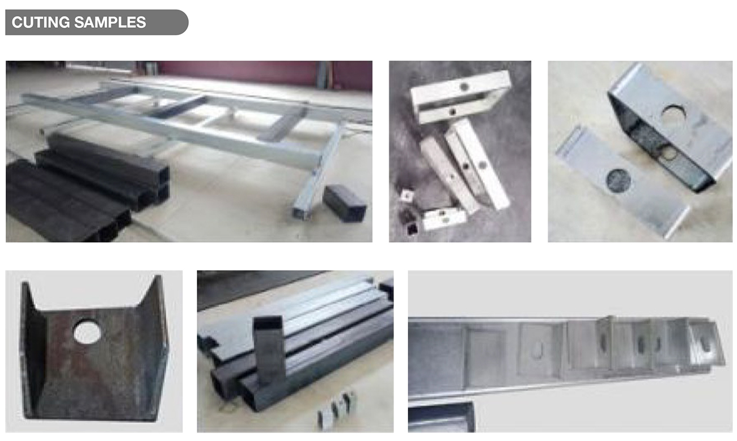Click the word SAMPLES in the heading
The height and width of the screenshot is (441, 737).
tap(110, 22)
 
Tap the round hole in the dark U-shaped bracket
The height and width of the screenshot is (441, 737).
tap(87, 332)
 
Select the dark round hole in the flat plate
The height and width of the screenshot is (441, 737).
tap(619, 181)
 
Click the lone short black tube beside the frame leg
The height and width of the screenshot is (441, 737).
tap(345, 203)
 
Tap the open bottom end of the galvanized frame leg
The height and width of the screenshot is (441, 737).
tap(302, 213)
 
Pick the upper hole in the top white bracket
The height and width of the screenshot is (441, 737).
tap(464, 87)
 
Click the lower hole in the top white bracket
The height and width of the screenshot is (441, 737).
tap(453, 112)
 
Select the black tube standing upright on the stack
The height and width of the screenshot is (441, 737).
tap(269, 350)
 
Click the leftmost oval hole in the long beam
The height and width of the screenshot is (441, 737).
tap(537, 350)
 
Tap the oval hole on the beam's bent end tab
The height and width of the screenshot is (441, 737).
tap(705, 344)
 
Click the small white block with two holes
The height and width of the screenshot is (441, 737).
tap(444, 218)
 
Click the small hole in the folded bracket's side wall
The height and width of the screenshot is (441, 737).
tap(668, 154)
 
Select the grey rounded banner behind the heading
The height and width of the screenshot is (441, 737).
tap(97, 22)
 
